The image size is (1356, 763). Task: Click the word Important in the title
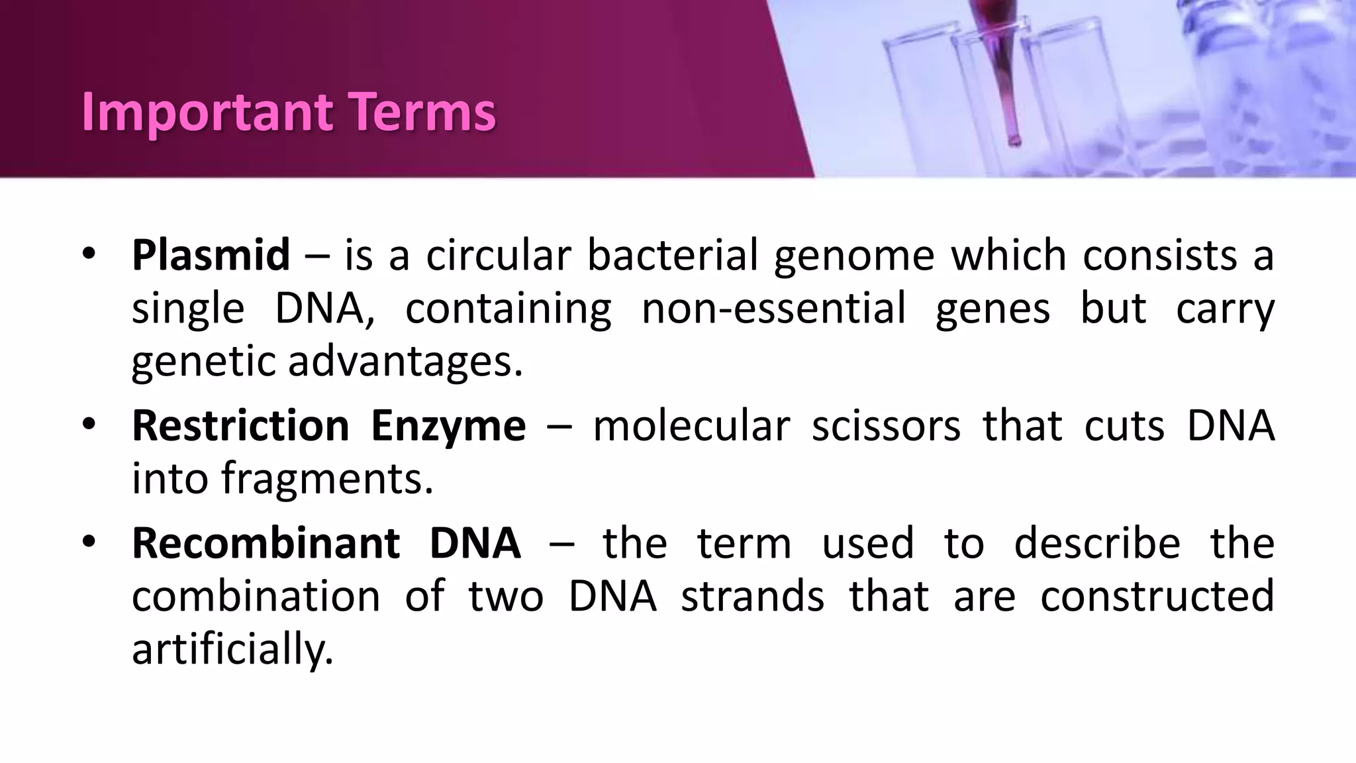coord(207,113)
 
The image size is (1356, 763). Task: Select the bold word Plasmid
coord(211,255)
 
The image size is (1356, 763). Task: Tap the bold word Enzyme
coord(448,425)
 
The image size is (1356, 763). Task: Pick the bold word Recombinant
coord(266,543)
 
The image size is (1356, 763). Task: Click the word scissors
coord(886,425)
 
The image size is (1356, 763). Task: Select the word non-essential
coord(773,309)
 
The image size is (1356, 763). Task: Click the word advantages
coord(405,362)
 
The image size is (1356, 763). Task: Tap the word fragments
coord(327,478)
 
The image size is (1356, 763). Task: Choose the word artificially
coord(232,649)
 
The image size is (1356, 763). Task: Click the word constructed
coord(1157,596)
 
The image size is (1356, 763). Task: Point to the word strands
coord(752,596)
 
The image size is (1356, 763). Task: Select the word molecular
coord(691,425)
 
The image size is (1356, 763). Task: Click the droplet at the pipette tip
coord(1014,140)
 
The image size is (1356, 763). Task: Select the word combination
coord(256,596)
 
